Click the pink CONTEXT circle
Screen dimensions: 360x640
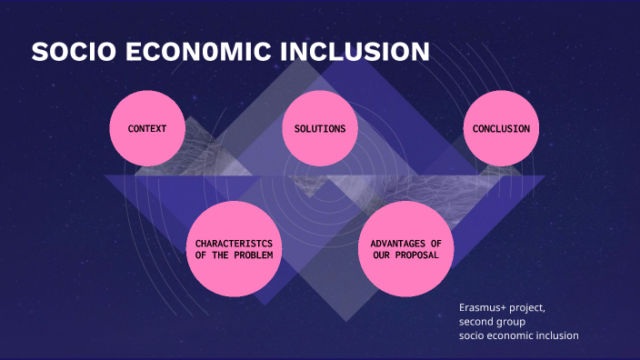146,128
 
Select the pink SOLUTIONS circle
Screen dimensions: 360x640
319,128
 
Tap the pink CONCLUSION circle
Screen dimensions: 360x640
501,128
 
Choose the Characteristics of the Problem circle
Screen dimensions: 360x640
234,249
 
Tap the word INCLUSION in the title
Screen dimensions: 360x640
355,53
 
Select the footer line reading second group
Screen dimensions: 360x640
492,322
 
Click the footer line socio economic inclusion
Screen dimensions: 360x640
518,336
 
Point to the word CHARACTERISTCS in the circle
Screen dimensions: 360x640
234,244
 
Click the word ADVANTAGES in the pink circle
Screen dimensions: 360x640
394,244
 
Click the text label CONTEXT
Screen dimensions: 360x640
146,129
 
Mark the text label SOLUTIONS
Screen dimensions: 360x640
319,129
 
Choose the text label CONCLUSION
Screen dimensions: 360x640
501,129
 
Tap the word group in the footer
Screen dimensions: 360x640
511,322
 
